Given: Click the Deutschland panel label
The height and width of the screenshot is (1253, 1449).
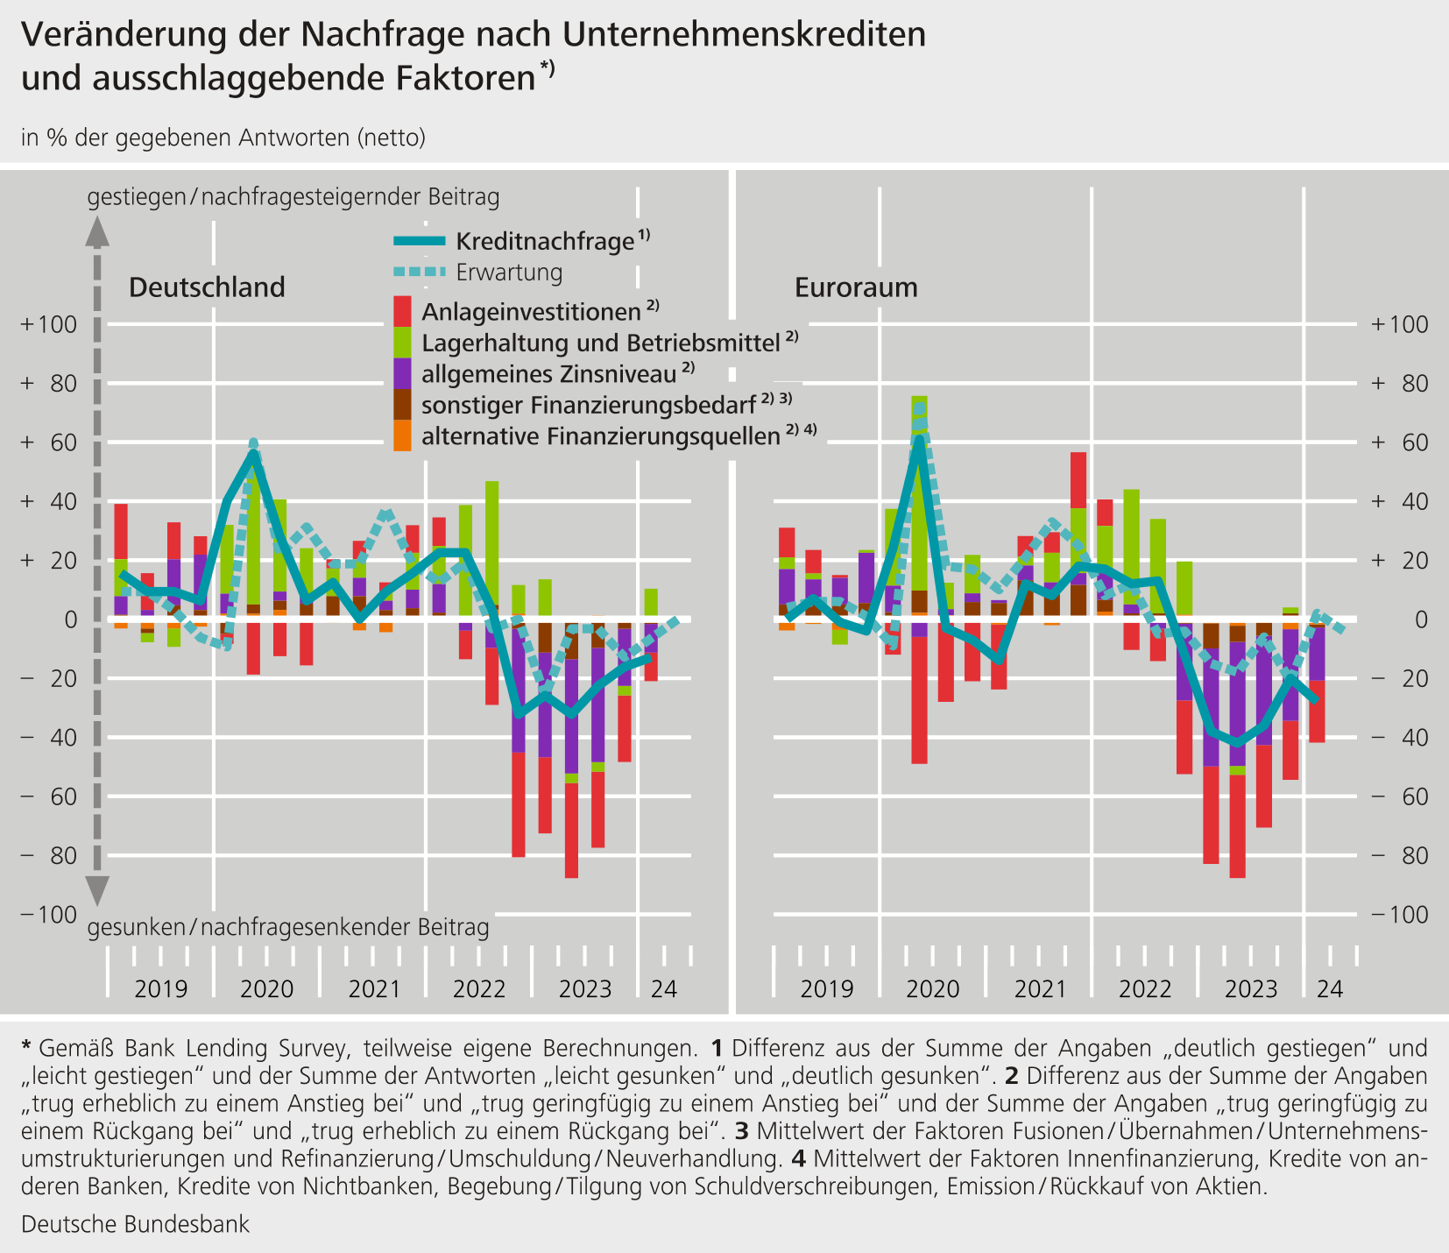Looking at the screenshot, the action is click(x=207, y=287).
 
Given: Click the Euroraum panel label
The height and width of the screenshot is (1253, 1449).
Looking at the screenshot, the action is click(x=856, y=287).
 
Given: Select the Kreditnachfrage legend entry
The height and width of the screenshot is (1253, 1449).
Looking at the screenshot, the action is click(x=522, y=241).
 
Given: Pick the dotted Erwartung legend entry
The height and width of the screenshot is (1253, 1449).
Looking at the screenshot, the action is click(x=478, y=273).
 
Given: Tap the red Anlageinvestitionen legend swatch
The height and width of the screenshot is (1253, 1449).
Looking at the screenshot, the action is click(x=403, y=311).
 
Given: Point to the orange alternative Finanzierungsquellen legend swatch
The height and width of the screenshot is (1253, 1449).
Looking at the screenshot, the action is click(x=403, y=435).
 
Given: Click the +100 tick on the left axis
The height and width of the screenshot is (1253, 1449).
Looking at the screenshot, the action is click(x=51, y=324).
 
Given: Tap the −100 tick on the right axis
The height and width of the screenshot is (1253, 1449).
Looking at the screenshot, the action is click(x=1399, y=915).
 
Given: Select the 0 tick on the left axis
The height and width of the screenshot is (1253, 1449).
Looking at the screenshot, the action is click(x=72, y=620).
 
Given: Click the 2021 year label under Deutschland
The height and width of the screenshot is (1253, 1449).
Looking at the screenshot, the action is click(x=374, y=989).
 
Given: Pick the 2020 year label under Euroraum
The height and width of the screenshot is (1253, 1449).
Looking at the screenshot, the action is click(x=933, y=989).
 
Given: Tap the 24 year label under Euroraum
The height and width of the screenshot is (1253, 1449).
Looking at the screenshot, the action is click(x=1330, y=989).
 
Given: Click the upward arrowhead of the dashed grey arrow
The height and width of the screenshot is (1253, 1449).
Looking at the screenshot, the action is click(x=97, y=232).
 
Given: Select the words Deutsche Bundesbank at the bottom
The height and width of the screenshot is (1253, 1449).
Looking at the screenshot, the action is click(x=136, y=1224).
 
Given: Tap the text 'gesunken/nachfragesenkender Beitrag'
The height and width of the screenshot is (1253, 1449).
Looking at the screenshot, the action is click(x=288, y=928).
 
